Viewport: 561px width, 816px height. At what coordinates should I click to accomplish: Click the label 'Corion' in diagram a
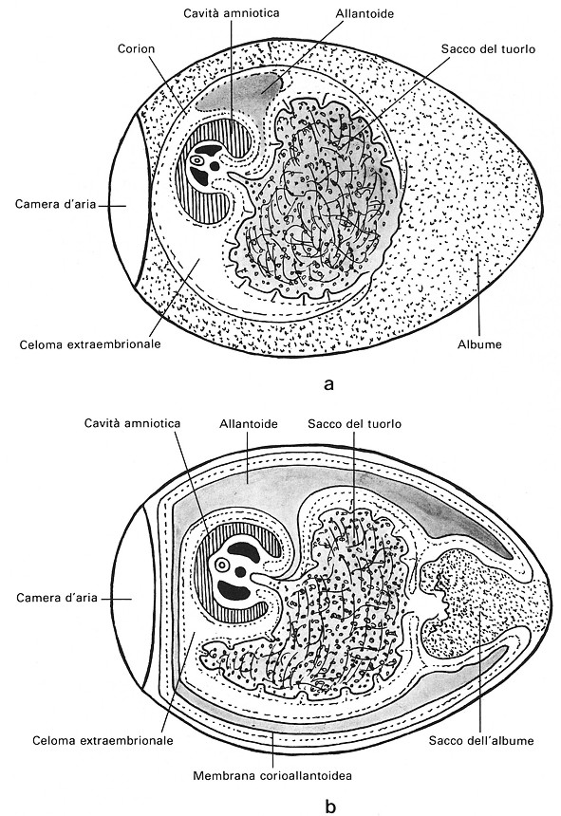tap(137, 49)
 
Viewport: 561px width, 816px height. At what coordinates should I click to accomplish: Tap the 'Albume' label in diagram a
tap(479, 344)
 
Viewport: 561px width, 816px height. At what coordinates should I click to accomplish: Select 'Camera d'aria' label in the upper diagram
tap(56, 204)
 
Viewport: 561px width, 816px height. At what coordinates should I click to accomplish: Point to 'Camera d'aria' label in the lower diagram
tap(57, 598)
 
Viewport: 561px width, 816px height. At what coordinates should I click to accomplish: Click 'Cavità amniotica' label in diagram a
tap(231, 12)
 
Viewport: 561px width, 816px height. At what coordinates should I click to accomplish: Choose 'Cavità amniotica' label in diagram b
tap(132, 423)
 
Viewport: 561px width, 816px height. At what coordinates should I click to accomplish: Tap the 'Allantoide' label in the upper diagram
tap(365, 13)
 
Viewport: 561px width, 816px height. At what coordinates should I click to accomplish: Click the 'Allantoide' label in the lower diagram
tap(249, 424)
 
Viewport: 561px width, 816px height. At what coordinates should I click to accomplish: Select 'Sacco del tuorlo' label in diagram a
tap(488, 49)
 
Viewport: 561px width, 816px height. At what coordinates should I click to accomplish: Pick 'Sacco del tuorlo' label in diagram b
tap(354, 424)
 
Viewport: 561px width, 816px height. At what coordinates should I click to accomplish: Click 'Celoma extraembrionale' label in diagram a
tap(90, 344)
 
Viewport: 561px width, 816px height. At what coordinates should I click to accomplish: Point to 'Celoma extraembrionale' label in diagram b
tap(103, 740)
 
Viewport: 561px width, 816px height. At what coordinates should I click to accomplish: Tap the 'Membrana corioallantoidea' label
tap(272, 776)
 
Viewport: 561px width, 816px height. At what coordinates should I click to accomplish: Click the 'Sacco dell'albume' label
tap(481, 740)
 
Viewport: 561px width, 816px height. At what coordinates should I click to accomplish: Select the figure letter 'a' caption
tap(328, 384)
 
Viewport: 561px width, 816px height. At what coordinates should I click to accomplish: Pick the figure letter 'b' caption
tap(330, 807)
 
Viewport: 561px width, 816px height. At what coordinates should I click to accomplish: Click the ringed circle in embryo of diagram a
tap(197, 160)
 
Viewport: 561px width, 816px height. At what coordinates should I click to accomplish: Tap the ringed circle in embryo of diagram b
tap(222, 565)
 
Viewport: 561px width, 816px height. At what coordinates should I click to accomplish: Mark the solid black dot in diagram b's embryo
tap(240, 572)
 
